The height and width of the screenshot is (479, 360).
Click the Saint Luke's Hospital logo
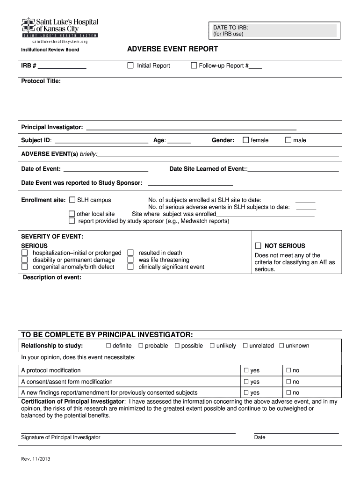tap(59, 29)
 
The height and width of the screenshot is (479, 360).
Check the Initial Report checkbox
tap(131, 65)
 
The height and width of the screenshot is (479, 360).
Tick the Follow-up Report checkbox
tap(194, 65)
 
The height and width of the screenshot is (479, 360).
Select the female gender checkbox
tap(245, 140)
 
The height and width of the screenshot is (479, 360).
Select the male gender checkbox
tap(288, 140)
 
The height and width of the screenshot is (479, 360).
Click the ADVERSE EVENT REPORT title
tap(173, 49)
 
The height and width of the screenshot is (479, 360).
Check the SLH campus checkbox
tap(72, 200)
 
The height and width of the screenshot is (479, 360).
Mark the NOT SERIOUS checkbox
tap(258, 246)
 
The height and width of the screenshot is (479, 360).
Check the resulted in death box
tap(131, 253)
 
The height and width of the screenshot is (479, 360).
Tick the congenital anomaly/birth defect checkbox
tap(24, 267)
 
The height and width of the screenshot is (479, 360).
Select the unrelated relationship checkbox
tap(245, 346)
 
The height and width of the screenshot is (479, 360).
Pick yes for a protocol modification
tap(246, 370)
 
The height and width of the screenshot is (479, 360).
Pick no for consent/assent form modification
tap(288, 382)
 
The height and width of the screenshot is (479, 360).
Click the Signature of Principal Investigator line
tap(128, 432)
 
